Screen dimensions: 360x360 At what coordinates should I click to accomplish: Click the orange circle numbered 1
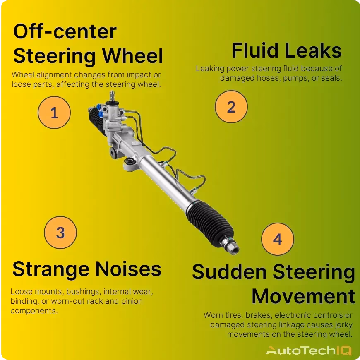(54, 113)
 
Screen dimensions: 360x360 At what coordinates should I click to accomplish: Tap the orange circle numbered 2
(231, 107)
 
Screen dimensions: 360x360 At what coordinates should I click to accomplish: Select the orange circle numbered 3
(60, 233)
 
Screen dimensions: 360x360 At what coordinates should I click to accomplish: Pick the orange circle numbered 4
(278, 239)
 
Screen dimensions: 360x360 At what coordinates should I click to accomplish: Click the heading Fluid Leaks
(287, 50)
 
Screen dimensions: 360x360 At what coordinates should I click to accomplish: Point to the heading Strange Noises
(87, 269)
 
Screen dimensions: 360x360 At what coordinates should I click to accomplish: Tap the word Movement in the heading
(304, 296)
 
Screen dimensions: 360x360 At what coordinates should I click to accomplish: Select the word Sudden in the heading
(229, 271)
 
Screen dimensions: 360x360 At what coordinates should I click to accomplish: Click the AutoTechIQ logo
(309, 350)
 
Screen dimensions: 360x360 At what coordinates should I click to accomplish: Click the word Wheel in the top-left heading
(132, 56)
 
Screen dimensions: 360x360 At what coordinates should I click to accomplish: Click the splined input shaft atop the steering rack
(112, 96)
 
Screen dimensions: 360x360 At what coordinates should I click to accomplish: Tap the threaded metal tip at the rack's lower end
(233, 248)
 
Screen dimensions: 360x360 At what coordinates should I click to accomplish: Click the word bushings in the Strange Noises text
(83, 292)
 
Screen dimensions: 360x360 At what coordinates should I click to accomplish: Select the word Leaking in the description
(210, 69)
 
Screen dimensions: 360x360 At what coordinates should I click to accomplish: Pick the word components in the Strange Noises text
(34, 311)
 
